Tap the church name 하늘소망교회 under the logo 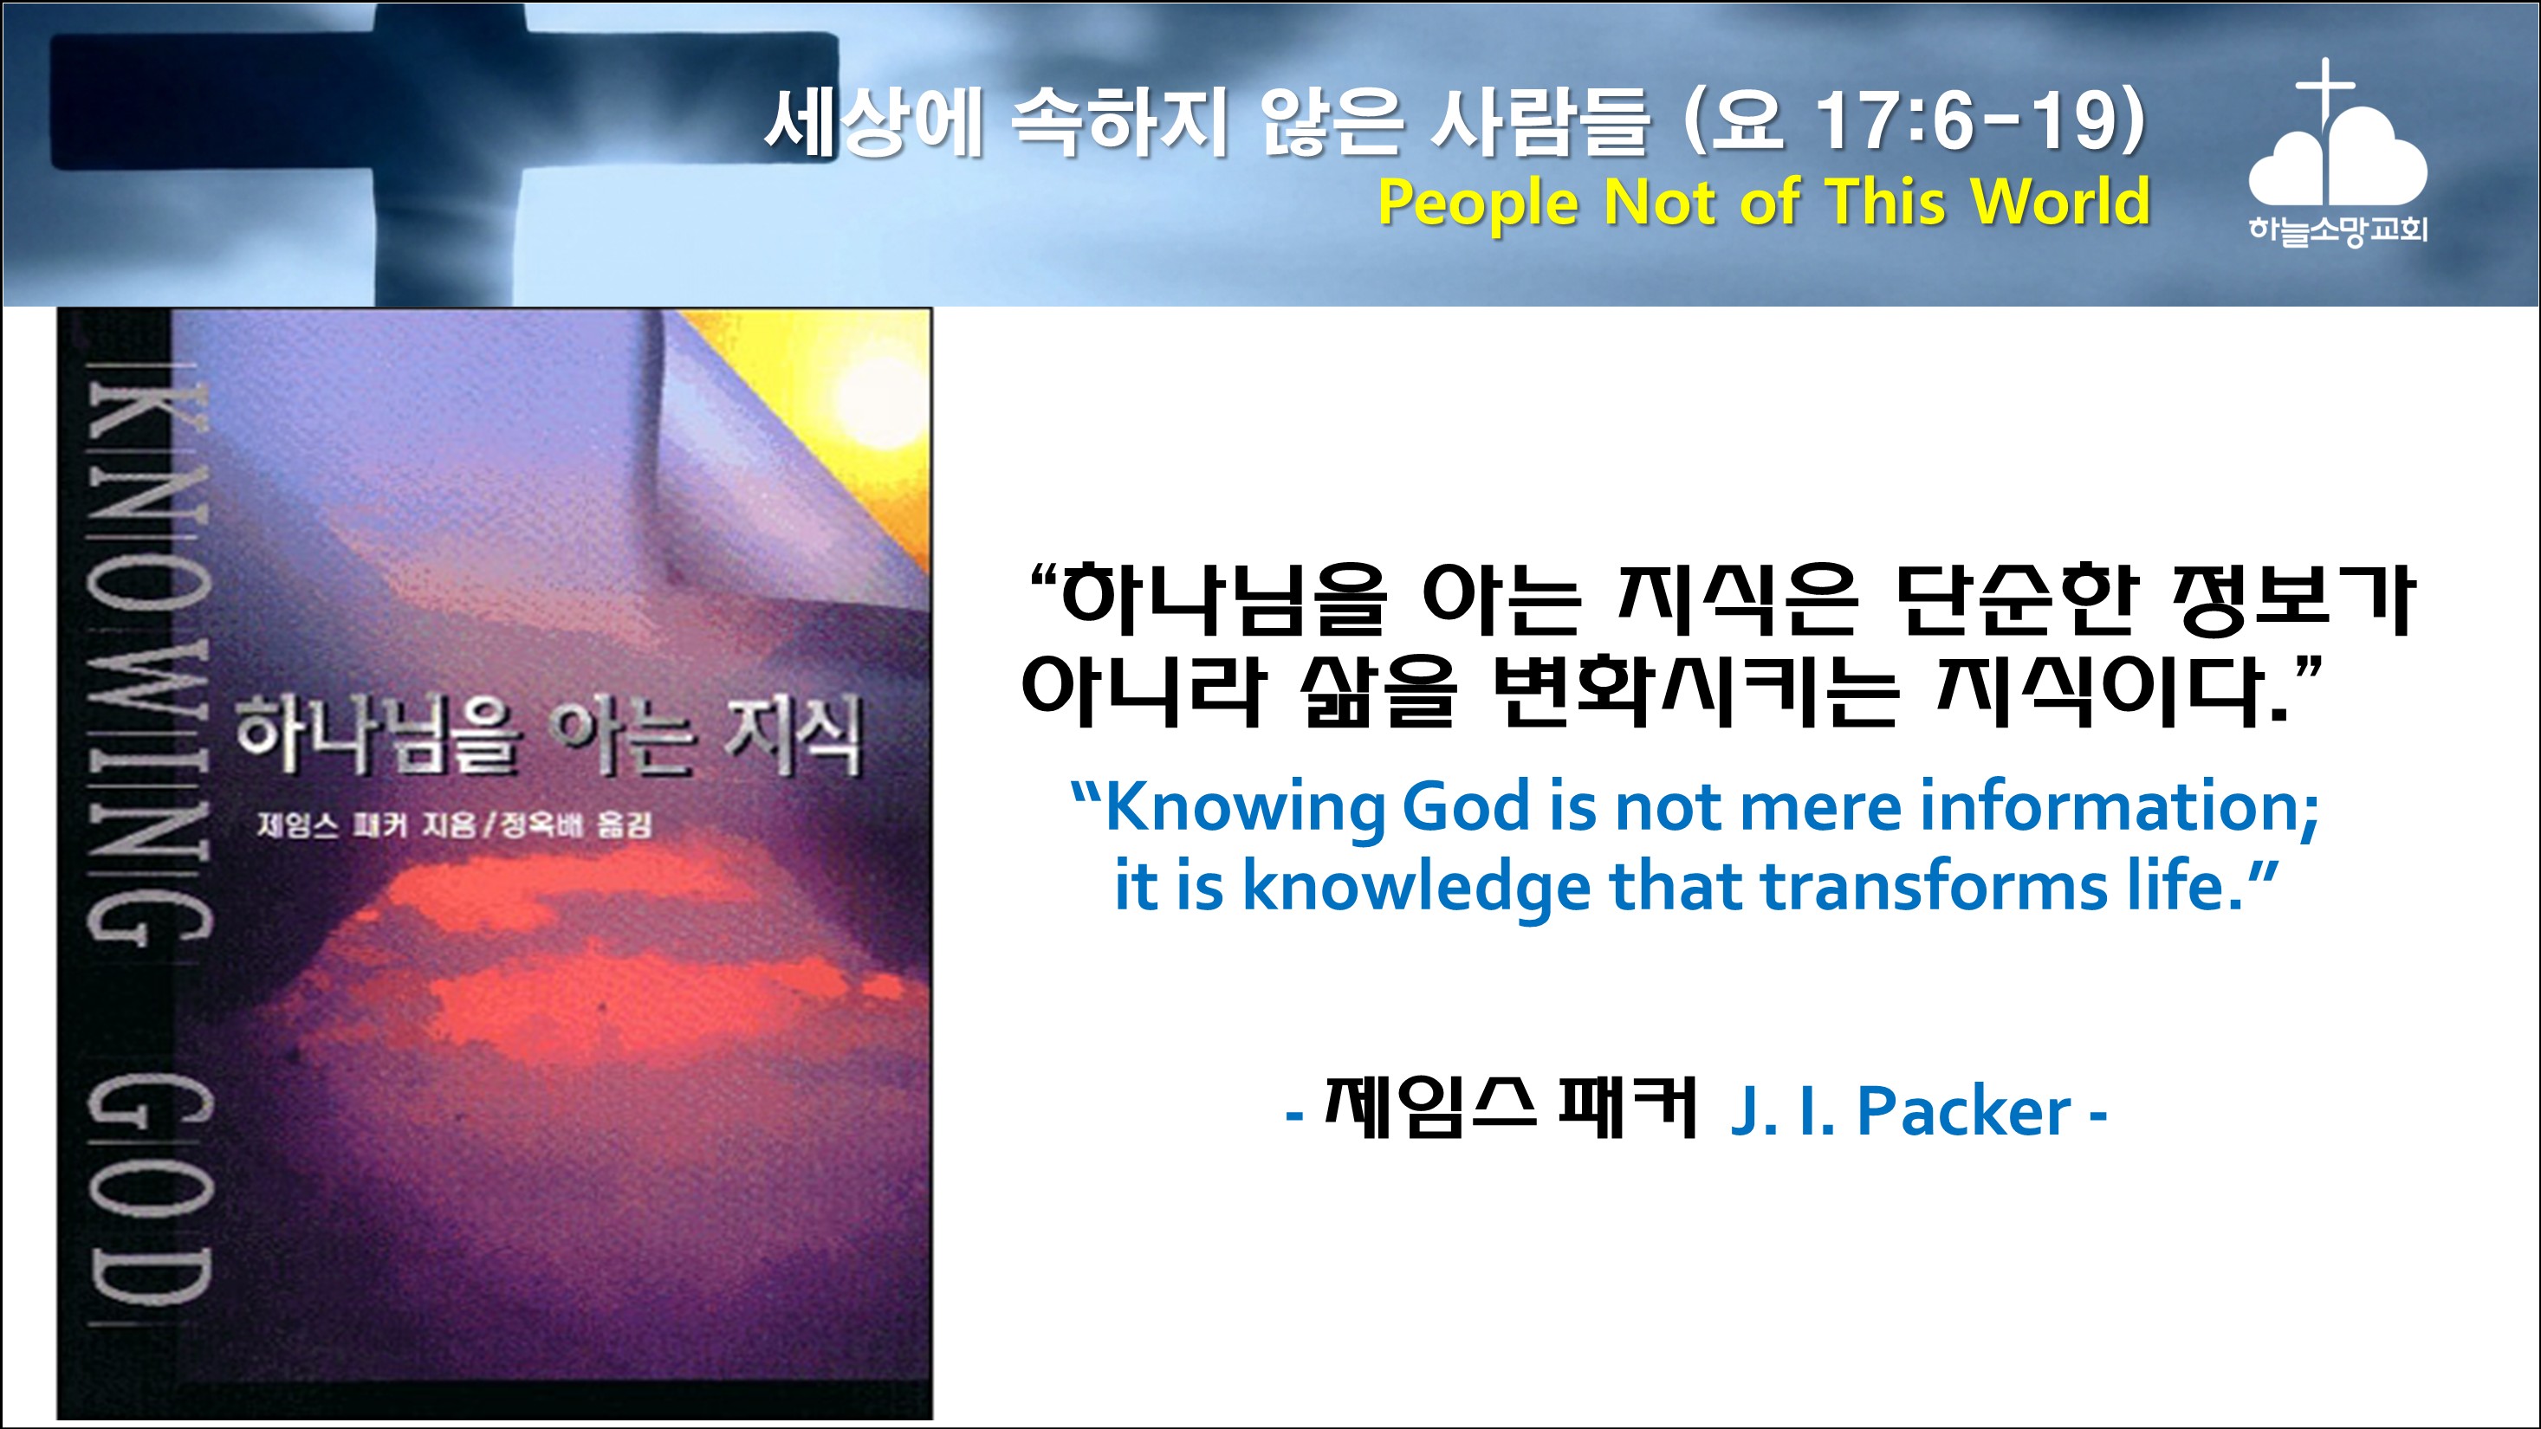[2337, 230]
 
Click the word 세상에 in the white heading [874, 122]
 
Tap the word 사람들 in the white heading [1539, 122]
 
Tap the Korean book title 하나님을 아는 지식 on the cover [548, 734]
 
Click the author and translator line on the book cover [454, 824]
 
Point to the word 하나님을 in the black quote [1223, 598]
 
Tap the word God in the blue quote [1466, 806]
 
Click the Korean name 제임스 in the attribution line [1429, 1107]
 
